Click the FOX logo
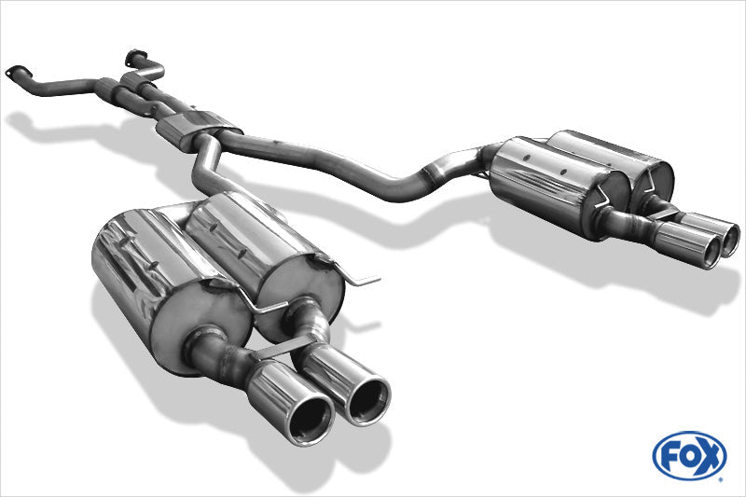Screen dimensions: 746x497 click(689, 456)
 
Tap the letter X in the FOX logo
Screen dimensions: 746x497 click(710, 456)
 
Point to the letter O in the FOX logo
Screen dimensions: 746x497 click(688, 456)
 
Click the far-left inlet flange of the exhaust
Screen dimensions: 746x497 click(18, 72)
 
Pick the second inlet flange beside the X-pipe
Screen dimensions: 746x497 click(136, 57)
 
